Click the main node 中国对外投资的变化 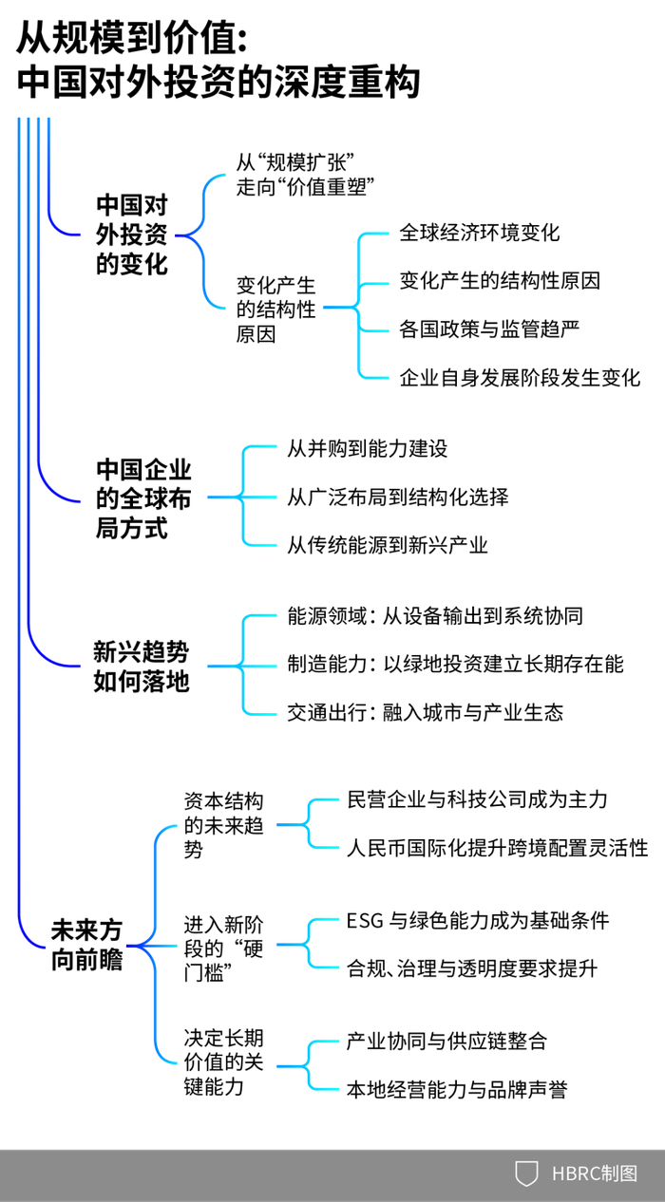click(x=132, y=235)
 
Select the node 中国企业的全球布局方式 click(x=143, y=498)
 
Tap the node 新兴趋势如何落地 click(x=141, y=666)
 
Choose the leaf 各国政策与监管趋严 click(x=489, y=329)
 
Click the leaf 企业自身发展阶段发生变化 click(x=520, y=377)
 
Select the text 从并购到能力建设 click(x=367, y=448)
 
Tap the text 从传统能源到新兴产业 click(x=387, y=545)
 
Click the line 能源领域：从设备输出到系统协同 click(x=434, y=616)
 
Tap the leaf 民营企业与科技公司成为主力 click(x=477, y=799)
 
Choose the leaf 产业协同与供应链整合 click(x=447, y=1041)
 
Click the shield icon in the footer click(x=526, y=1174)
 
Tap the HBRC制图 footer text click(x=596, y=1174)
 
